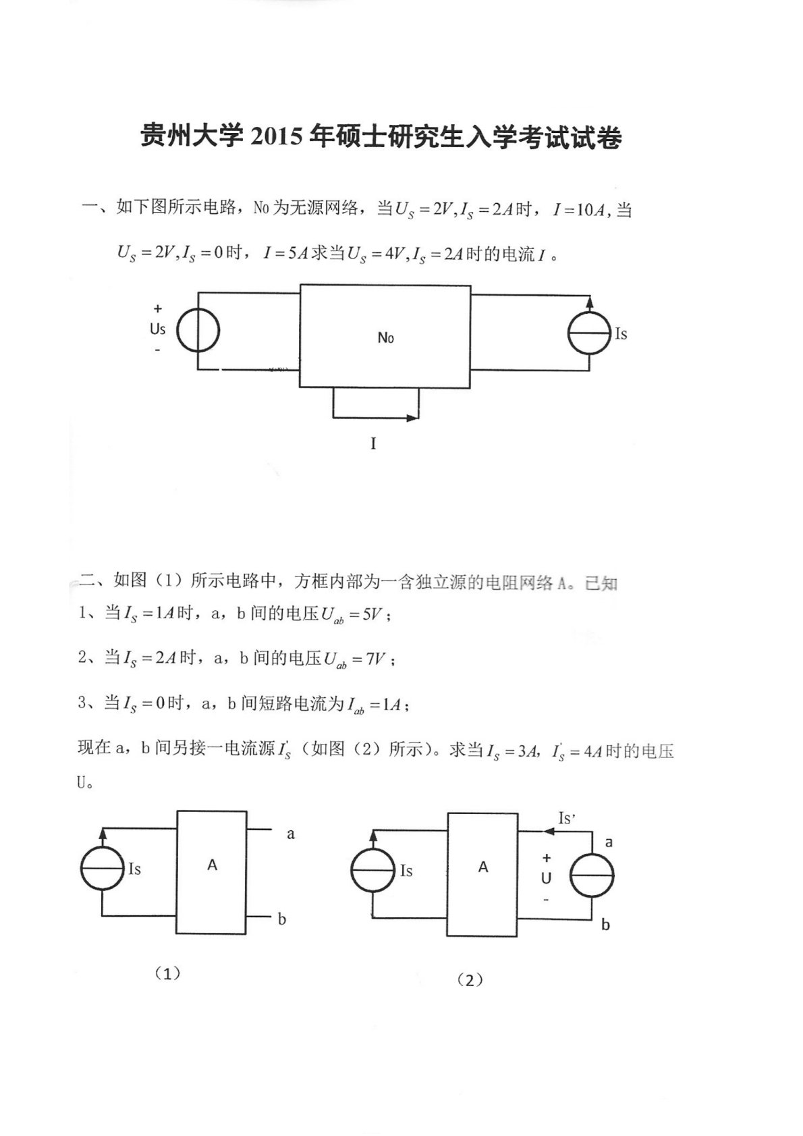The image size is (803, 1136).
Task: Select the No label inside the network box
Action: (385, 337)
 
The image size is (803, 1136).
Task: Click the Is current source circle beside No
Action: (589, 333)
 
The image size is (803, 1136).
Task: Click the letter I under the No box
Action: (373, 443)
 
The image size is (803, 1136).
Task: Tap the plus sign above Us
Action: (158, 309)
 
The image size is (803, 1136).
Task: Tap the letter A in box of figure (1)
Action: (212, 865)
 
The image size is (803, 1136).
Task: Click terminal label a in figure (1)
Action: (291, 834)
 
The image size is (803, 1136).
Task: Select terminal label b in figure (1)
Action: (282, 919)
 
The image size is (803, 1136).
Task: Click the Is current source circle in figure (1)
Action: (102, 868)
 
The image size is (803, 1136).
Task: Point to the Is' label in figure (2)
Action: (567, 819)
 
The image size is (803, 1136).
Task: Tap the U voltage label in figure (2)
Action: (546, 879)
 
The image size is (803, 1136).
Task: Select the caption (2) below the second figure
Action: (470, 980)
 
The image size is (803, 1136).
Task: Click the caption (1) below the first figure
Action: (167, 973)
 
